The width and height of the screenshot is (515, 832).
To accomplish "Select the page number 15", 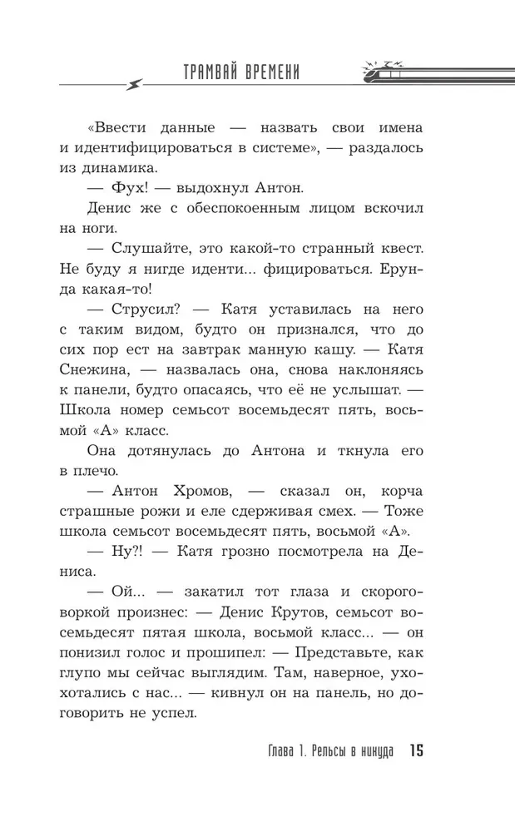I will pyautogui.click(x=417, y=752).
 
